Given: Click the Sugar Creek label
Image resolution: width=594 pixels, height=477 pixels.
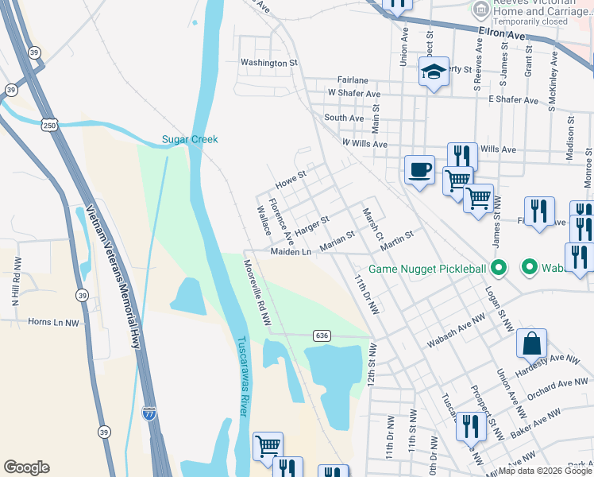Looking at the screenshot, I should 190,139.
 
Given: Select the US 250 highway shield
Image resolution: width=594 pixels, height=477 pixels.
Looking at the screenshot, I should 49,126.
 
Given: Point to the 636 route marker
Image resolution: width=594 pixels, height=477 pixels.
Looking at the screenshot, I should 321,335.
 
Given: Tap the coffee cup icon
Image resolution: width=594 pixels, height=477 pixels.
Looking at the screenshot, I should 419,170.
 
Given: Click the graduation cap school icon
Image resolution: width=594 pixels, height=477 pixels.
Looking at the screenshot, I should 434,72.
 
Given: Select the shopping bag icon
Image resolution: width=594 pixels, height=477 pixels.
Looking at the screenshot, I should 531,343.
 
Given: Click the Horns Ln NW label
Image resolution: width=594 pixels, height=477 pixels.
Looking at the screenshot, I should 55,323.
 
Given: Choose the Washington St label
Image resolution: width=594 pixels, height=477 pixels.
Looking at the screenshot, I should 268,62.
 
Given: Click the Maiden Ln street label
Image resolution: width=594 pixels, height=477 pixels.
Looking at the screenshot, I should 291,252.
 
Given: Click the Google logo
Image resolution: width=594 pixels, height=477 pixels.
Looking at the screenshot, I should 26,467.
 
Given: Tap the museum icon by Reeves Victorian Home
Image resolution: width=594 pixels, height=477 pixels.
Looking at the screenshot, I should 479,10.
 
